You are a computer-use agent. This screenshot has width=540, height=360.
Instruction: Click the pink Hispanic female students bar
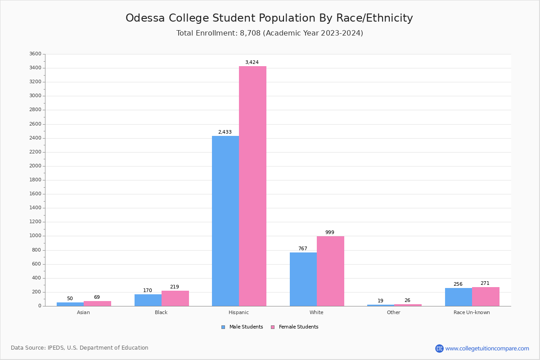(x=252, y=186)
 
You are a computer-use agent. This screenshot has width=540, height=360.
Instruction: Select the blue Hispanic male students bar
(x=225, y=221)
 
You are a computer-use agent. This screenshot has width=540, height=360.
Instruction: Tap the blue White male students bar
(x=303, y=279)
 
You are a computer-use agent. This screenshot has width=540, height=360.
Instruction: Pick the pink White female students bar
(x=330, y=271)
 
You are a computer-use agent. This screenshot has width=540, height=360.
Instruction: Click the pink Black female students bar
(x=175, y=298)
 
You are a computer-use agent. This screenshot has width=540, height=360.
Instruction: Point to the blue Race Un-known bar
(x=459, y=297)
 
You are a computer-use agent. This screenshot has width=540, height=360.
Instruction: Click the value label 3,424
(x=252, y=62)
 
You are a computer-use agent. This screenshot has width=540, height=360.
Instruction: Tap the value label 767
(x=303, y=248)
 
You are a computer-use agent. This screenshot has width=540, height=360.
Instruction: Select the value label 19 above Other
(x=380, y=301)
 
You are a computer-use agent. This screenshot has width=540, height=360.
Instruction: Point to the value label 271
(x=485, y=283)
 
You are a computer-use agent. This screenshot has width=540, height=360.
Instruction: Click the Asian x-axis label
(x=83, y=312)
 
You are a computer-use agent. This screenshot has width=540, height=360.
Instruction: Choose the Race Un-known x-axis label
(x=472, y=312)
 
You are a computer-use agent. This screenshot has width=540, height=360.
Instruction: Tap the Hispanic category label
(x=238, y=312)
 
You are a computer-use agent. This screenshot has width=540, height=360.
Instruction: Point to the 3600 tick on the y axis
(x=35, y=54)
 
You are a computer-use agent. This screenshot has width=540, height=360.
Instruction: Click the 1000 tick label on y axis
(x=35, y=236)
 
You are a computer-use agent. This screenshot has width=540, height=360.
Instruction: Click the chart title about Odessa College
(x=269, y=18)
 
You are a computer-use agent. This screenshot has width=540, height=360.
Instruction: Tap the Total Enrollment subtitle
(x=270, y=33)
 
